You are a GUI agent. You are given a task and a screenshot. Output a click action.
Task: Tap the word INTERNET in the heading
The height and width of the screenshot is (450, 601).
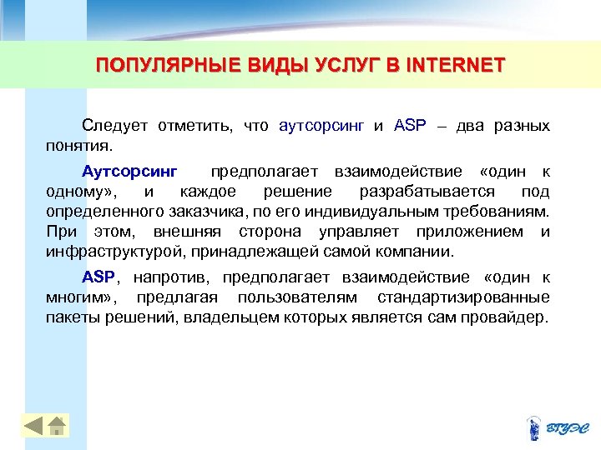pyautogui.click(x=457, y=65)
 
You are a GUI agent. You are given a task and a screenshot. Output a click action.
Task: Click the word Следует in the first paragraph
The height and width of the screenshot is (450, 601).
pyautogui.click(x=114, y=126)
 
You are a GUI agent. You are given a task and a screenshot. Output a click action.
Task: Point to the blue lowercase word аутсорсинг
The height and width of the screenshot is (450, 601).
pyautogui.click(x=321, y=126)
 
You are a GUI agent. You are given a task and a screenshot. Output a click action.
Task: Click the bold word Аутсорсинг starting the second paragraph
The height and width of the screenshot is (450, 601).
pyautogui.click(x=129, y=172)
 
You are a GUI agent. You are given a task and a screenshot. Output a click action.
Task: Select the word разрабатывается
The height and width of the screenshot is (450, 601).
pyautogui.click(x=442, y=192)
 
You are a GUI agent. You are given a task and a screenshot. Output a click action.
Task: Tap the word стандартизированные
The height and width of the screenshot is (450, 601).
pyautogui.click(x=463, y=297)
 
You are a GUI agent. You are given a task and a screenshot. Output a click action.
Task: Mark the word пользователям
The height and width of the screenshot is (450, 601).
pyautogui.click(x=296, y=297)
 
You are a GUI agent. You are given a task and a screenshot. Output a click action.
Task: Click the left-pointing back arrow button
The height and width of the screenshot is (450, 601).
pyautogui.click(x=33, y=427)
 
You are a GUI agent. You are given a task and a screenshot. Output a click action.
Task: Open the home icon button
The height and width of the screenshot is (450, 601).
pyautogui.click(x=57, y=427)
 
